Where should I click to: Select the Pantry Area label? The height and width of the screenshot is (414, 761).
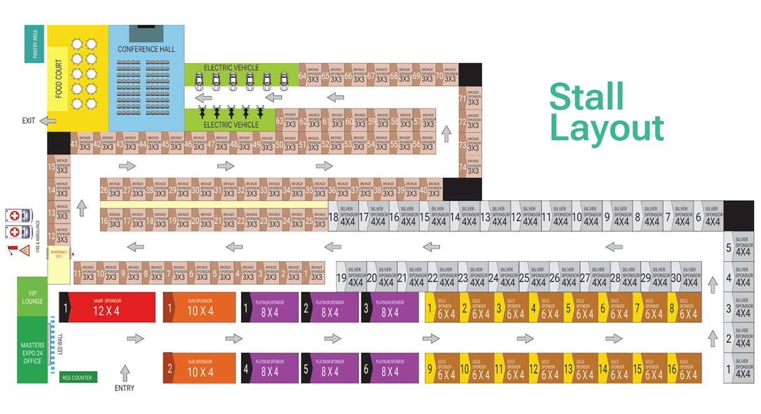[34, 44]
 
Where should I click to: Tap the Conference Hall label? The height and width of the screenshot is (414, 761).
[146, 49]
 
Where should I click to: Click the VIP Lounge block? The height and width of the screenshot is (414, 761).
[32, 297]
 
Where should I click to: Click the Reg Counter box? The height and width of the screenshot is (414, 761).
[78, 377]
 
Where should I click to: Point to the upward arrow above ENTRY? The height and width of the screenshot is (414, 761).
[124, 373]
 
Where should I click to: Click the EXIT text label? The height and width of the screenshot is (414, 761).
[29, 121]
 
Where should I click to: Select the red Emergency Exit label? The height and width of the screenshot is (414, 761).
[59, 255]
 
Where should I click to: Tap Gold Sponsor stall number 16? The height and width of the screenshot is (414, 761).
[684, 370]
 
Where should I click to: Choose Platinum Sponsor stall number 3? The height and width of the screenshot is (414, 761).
[391, 307]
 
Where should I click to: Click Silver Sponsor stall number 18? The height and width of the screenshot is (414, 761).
[342, 217]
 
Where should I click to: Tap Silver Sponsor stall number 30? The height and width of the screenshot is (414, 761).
[685, 278]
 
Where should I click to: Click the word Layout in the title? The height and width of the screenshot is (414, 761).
[607, 128]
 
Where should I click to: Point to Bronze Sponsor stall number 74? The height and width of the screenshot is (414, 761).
[471, 167]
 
